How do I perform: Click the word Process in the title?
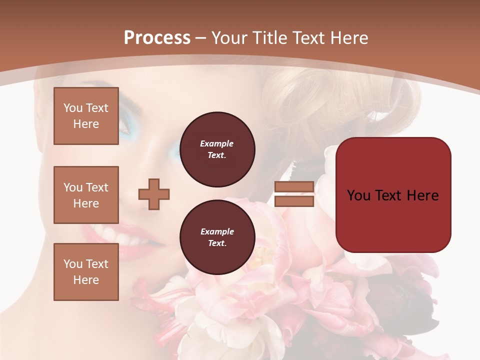point(157,38)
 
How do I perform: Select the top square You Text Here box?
point(86,116)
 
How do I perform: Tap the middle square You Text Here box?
point(86,195)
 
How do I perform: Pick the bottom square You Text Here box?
point(86,271)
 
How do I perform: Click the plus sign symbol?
point(154,194)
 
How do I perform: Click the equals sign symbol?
point(294,194)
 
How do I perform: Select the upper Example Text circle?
point(217,149)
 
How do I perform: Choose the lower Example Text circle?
point(217,237)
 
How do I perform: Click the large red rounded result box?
point(393,195)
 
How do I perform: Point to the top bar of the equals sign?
point(294,187)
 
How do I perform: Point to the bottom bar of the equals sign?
point(294,201)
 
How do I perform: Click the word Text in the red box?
point(392,195)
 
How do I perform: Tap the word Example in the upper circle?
point(217,144)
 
